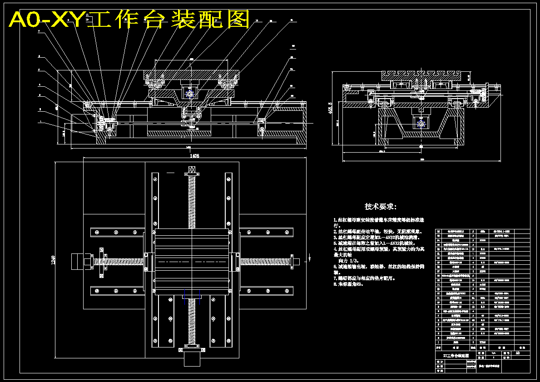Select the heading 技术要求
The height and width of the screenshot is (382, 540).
point(381,207)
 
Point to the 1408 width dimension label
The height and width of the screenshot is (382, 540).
point(194,156)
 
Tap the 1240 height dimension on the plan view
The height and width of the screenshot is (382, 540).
point(53,260)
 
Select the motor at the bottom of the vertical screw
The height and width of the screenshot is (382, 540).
point(191,359)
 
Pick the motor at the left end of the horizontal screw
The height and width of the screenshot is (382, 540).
point(77,261)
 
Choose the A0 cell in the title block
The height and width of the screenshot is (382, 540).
point(517,353)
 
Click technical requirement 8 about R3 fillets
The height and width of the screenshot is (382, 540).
point(348,284)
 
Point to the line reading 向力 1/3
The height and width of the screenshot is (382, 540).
point(348,261)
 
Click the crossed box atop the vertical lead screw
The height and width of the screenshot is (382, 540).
point(191,169)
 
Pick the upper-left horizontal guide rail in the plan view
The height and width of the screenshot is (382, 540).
point(117,232)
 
